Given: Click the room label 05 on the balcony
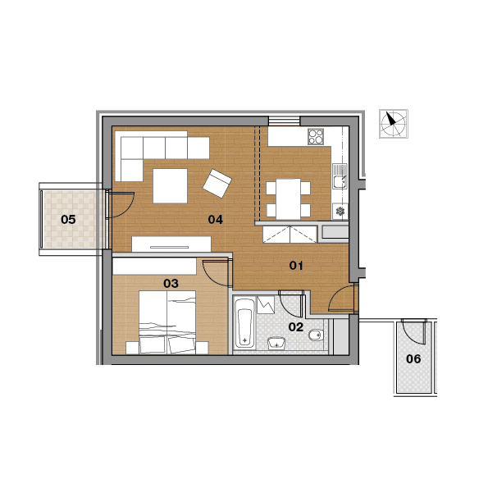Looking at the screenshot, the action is pyautogui.click(x=68, y=220).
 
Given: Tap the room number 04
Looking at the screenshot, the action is pyautogui.click(x=216, y=220).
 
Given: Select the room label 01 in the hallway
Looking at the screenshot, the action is pyautogui.click(x=296, y=266).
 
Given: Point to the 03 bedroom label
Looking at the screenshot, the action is pyautogui.click(x=171, y=284).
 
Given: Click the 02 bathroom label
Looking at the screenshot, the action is pyautogui.click(x=295, y=326).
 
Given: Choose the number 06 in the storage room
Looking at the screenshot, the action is pyautogui.click(x=413, y=359).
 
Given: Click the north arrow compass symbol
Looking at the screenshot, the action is pyautogui.click(x=394, y=124).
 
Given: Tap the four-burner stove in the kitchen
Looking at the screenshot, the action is pyautogui.click(x=316, y=137).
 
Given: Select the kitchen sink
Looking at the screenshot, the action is pyautogui.click(x=340, y=176).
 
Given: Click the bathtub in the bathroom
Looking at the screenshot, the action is pyautogui.click(x=244, y=323).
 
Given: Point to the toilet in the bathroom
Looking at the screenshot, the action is pyautogui.click(x=317, y=335).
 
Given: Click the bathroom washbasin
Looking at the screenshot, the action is pyautogui.click(x=276, y=344).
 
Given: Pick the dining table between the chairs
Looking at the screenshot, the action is pyautogui.click(x=288, y=198).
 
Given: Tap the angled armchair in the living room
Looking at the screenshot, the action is pyautogui.click(x=217, y=184).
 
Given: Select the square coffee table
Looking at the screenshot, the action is pyautogui.click(x=170, y=186).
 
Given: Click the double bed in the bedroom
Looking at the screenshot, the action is pyautogui.click(x=167, y=322).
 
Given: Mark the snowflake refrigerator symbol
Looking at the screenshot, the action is pyautogui.click(x=340, y=212).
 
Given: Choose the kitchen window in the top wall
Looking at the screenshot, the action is pyautogui.click(x=284, y=121).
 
